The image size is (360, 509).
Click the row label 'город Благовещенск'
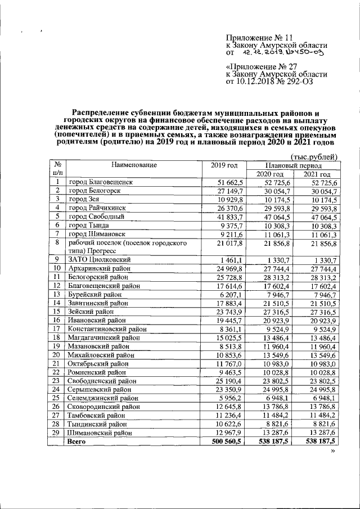pyautogui.click(x=101, y=183)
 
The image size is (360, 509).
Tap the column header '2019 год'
pyautogui.click(x=224, y=165)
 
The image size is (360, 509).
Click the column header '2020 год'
pyautogui.click(x=270, y=174)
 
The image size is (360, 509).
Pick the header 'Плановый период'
pyautogui.click(x=294, y=166)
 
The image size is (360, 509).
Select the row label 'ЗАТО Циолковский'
pyautogui.click(x=100, y=260)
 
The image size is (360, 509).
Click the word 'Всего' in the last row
pyautogui.click(x=77, y=443)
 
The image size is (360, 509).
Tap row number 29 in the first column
pyautogui.click(x=57, y=433)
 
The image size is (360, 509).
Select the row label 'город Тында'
pyautogui.click(x=90, y=224)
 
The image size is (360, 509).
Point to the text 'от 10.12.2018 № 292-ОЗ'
pyautogui.click(x=269, y=82)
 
